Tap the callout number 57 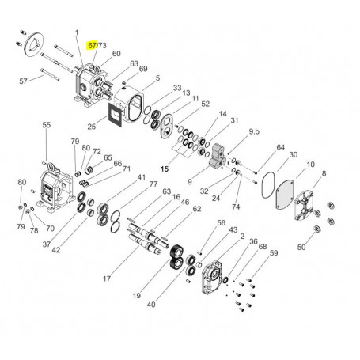(24, 81)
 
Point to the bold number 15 (165, 169)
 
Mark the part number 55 (46, 125)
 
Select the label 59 (274, 253)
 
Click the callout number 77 (154, 184)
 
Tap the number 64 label (280, 147)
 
